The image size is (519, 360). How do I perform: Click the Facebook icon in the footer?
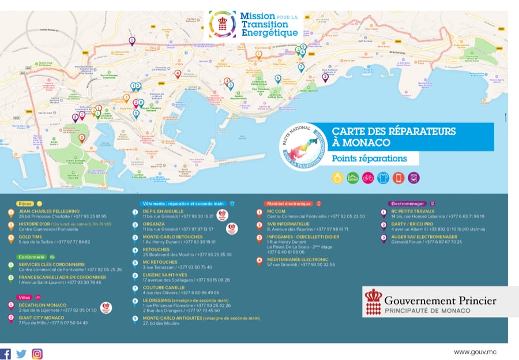tap(6, 354)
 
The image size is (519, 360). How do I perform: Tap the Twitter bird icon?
tap(21, 354)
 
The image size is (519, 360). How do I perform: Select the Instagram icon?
tap(37, 354)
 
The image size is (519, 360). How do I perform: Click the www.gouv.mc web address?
tap(475, 352)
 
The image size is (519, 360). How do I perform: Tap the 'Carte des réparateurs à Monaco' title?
tap(393, 137)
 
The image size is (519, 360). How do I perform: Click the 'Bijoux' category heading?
tap(25, 204)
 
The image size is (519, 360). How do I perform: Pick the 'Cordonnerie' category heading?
tap(32, 257)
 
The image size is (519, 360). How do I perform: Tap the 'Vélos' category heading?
tap(25, 297)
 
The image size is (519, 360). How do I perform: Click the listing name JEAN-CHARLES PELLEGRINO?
tap(49, 212)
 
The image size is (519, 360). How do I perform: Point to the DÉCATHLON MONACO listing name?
tap(42, 305)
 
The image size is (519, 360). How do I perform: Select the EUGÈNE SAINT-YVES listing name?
tap(164, 275)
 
